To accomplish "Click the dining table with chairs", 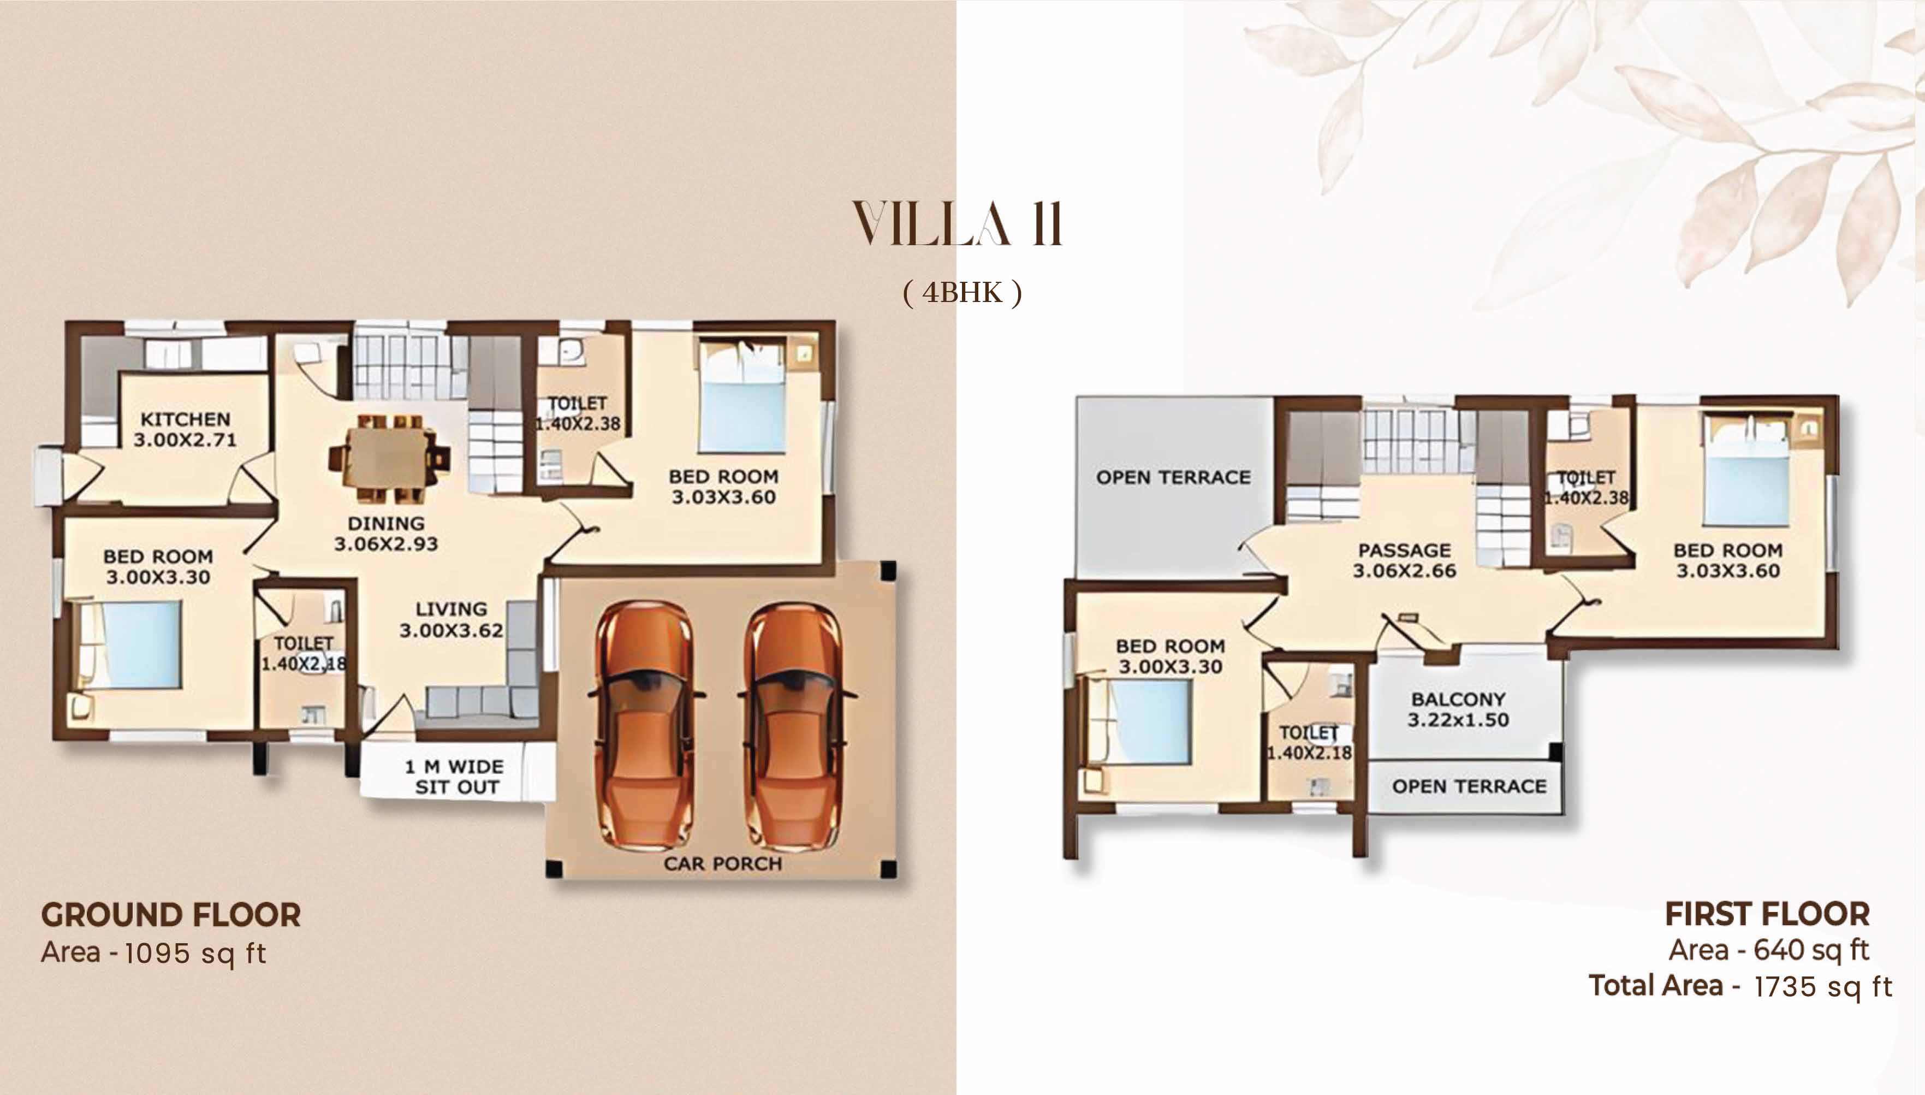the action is [389, 458].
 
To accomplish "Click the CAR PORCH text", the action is [722, 863].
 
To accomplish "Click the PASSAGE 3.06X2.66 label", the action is [1404, 560].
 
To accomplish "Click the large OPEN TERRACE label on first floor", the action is [1173, 477].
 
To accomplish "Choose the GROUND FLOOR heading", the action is [171, 915].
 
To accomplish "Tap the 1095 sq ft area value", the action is [195, 954].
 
